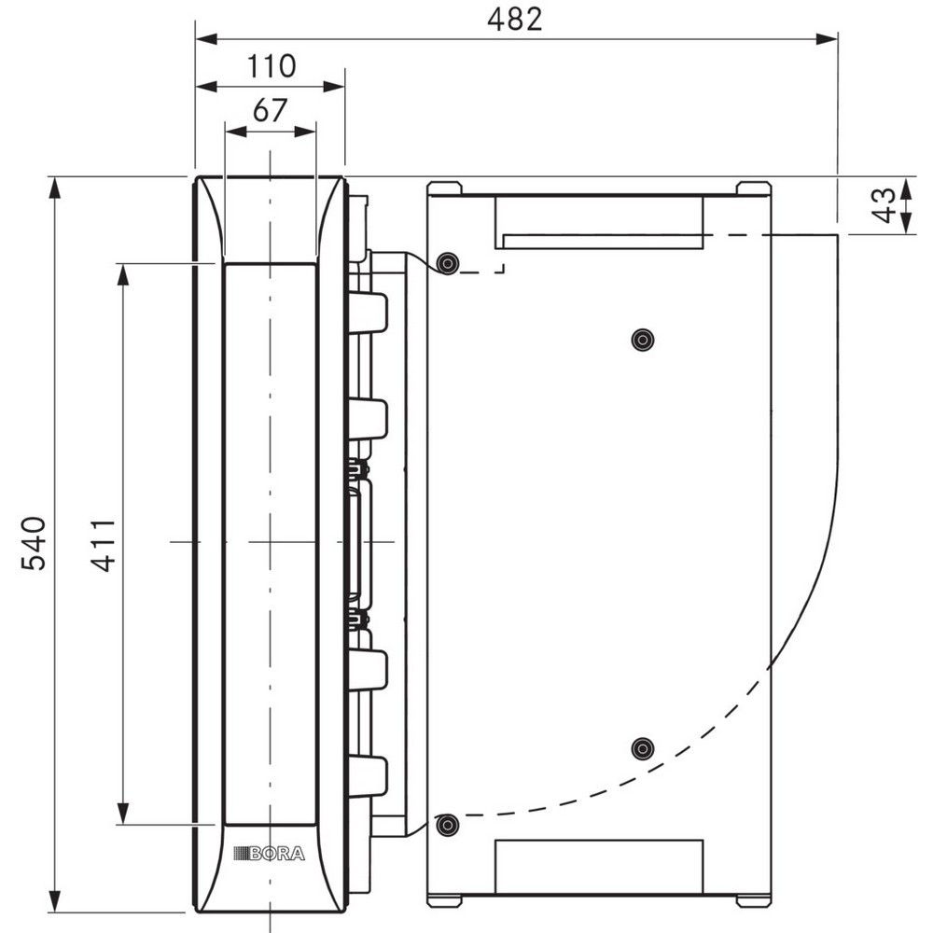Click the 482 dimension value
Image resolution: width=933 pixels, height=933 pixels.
(515, 19)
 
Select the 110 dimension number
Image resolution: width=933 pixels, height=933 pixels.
(271, 66)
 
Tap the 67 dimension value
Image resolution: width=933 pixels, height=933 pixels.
(271, 111)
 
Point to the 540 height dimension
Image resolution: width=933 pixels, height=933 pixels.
(34, 544)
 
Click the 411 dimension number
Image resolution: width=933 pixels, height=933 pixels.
(104, 545)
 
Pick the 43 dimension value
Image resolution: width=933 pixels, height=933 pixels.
(884, 205)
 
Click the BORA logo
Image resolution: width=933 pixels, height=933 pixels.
(269, 854)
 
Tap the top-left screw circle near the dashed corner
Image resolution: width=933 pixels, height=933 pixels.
(448, 262)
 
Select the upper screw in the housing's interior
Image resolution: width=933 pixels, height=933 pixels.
(643, 340)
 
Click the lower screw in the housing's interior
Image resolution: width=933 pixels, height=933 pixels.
(643, 748)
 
